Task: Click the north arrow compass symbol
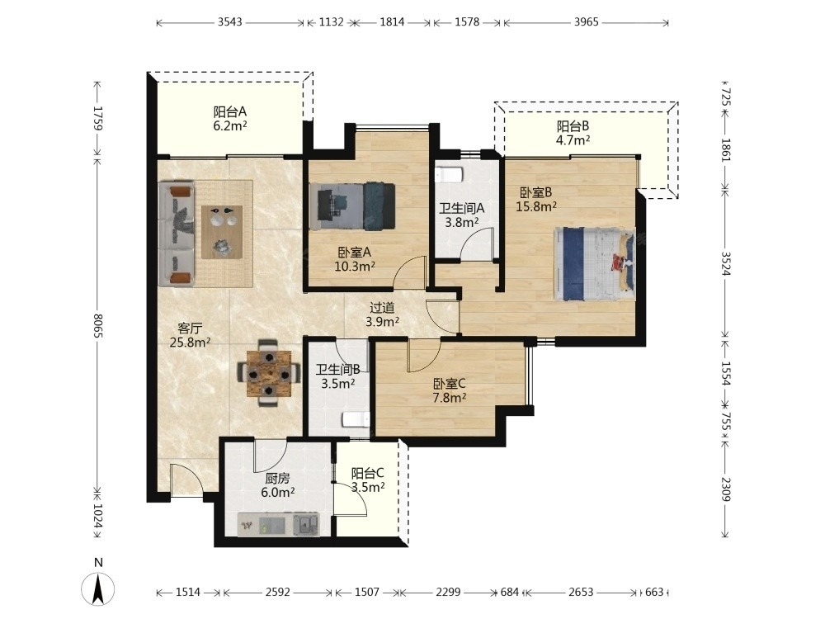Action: coord(98,588)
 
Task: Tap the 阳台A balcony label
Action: coord(230,111)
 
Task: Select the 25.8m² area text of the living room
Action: coord(190,343)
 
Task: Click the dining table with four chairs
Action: coord(270,374)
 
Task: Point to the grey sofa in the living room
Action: coord(177,234)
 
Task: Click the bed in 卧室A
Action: coord(352,206)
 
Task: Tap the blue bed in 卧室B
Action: coord(595,264)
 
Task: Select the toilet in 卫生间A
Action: coord(449,174)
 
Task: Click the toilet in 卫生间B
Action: coord(356,419)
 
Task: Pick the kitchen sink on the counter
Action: coord(306,524)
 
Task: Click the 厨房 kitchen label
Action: coord(277,478)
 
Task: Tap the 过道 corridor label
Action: coord(382,307)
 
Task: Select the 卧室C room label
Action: coord(450,384)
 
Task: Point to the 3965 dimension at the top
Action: coord(586,22)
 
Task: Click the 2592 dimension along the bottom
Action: coord(277,592)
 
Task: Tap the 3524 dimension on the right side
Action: coord(726,264)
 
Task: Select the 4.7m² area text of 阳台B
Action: coord(573,140)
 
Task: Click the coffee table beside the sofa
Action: coord(222,232)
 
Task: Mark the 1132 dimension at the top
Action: coord(332,22)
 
